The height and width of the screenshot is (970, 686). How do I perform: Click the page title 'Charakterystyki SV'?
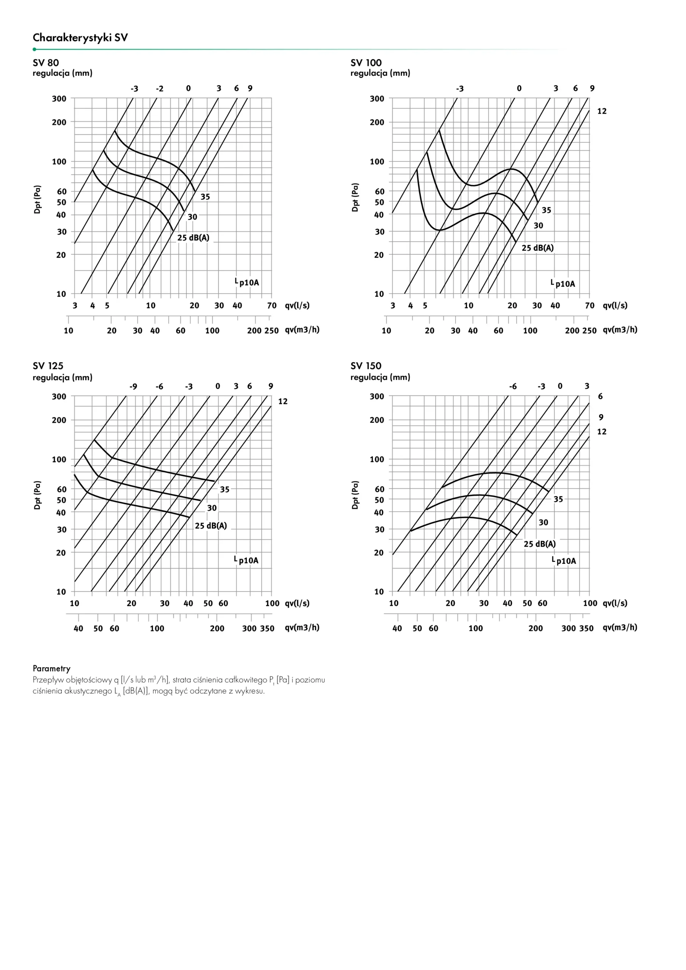80,38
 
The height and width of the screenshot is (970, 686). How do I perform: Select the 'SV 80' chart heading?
45,63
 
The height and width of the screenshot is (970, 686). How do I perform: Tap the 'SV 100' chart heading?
366,63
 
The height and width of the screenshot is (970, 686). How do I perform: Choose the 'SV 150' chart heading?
366,366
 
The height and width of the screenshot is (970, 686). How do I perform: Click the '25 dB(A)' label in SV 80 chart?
193,238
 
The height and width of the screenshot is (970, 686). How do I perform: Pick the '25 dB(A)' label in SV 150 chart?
539,544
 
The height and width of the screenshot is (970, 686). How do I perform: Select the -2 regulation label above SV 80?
159,89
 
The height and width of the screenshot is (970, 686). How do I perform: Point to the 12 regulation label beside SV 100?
601,111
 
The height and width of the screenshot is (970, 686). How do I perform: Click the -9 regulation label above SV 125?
133,386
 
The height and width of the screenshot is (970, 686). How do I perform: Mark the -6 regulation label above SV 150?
512,386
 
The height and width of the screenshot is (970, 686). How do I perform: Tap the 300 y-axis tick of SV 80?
59,99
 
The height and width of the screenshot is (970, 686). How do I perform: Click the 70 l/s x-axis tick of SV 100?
590,305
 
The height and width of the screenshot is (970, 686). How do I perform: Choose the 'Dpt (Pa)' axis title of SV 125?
38,495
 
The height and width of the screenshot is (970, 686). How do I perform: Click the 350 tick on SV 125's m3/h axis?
267,628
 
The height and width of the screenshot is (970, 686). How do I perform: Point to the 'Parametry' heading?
52,668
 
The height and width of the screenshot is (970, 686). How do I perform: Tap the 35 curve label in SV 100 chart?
546,210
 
